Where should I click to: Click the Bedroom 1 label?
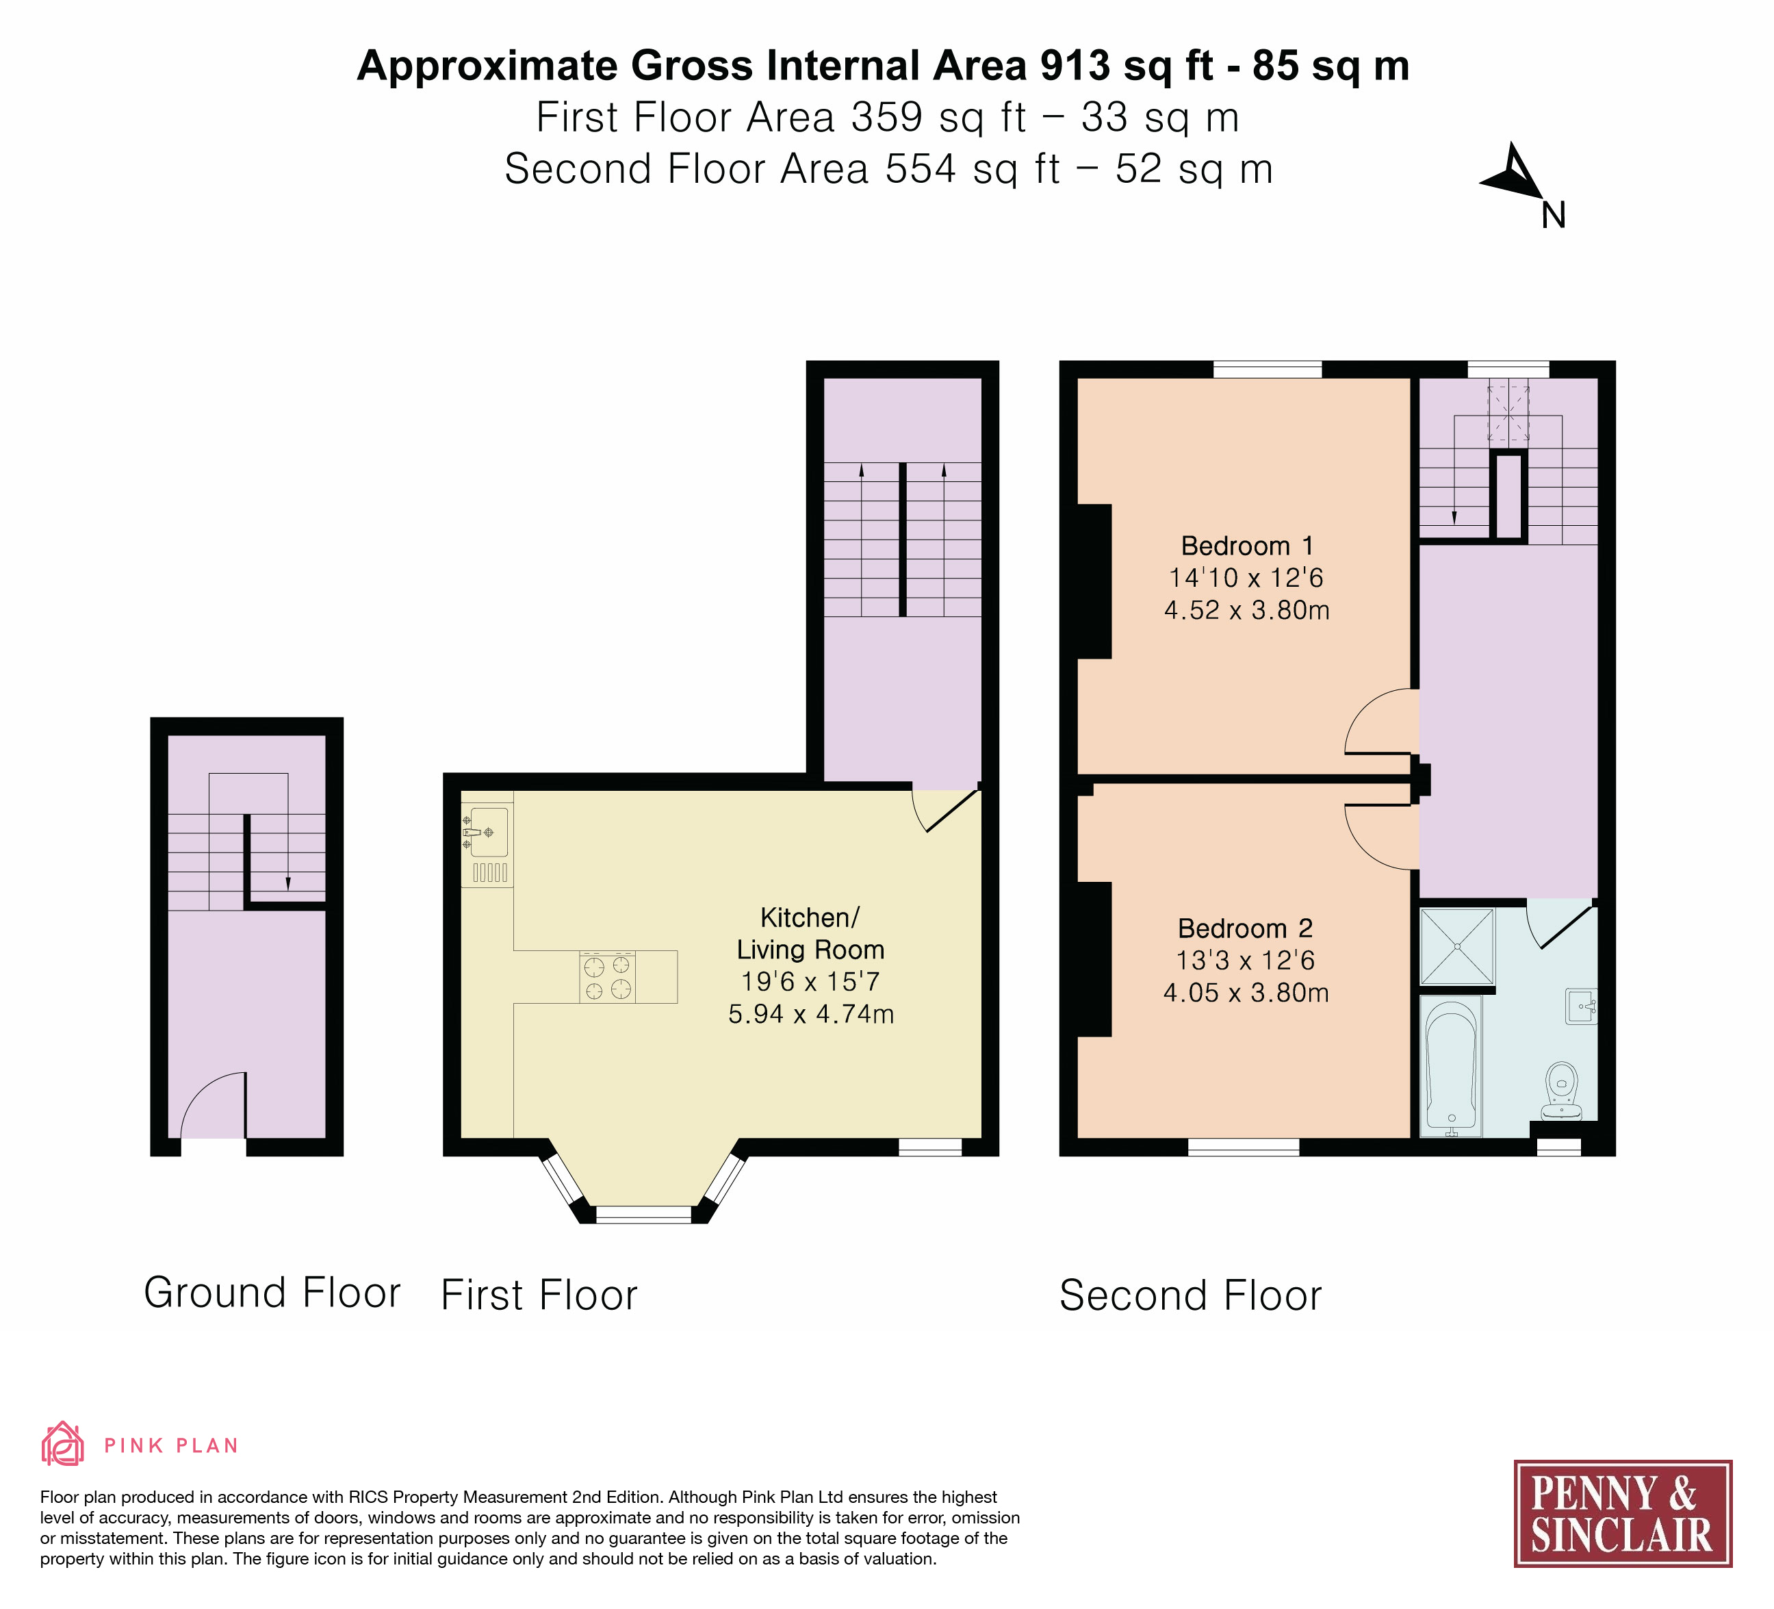tap(1246, 546)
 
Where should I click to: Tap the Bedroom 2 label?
tap(1245, 928)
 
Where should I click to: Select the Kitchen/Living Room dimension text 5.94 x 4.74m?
tap(811, 1014)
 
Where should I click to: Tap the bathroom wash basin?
tap(1581, 1006)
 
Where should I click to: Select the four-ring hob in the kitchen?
tap(607, 977)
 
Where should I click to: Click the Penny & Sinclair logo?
tap(1623, 1514)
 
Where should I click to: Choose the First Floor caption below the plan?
tap(539, 1295)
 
